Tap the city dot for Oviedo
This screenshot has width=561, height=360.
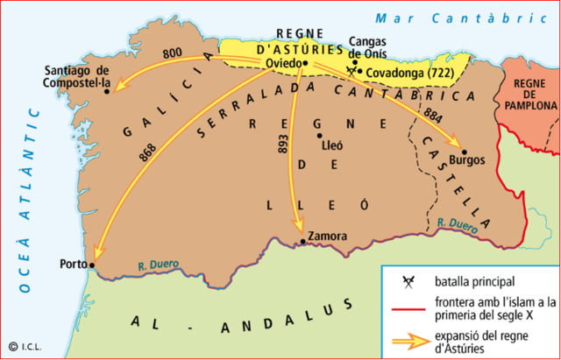click(305, 63)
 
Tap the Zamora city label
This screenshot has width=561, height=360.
click(327, 236)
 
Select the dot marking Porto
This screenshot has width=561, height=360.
click(92, 263)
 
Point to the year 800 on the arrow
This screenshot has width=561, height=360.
click(185, 53)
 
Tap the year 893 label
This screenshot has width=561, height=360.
click(282, 146)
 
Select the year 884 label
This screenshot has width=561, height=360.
click(430, 116)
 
